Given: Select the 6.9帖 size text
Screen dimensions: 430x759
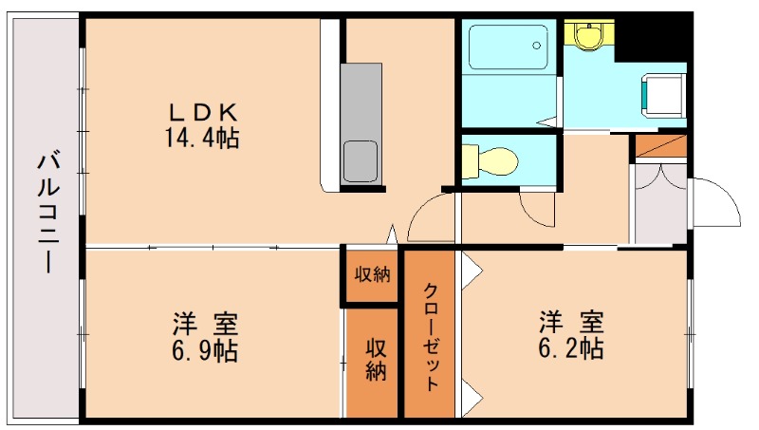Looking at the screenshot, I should (x=204, y=351).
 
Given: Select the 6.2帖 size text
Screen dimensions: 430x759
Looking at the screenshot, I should (x=571, y=347).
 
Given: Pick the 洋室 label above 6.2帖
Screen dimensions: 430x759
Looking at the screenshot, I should (x=571, y=320).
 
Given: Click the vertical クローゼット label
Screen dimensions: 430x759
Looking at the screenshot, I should (x=431, y=337).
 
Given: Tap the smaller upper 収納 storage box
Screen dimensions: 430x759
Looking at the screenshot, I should (x=372, y=275).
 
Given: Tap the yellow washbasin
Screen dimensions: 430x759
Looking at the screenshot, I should (x=590, y=34).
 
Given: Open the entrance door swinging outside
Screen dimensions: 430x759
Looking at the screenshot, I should (x=713, y=201).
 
